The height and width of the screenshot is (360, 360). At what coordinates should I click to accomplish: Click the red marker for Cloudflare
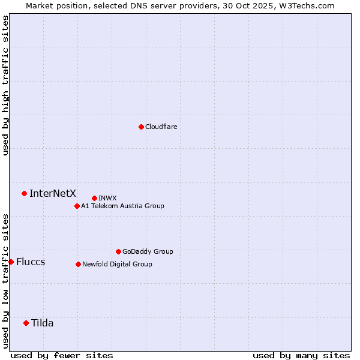coord(141,127)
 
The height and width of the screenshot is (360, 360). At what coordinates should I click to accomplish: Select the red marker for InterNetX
coord(25,193)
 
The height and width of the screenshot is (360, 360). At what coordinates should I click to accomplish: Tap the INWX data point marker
coord(94,198)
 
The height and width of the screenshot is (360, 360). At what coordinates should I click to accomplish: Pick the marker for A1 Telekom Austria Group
coord(77,206)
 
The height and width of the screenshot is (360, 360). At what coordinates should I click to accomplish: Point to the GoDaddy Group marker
coord(118,251)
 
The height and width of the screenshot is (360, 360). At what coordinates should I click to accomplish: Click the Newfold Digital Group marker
coord(78,264)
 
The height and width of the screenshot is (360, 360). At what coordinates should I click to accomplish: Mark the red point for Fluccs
coord(11,262)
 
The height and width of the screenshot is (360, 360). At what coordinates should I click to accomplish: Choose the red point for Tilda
coord(26,323)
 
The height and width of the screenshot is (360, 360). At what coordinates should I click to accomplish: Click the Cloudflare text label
coord(161,127)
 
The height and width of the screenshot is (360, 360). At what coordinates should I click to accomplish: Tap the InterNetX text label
coord(53,193)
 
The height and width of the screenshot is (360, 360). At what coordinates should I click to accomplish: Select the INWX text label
coord(107,198)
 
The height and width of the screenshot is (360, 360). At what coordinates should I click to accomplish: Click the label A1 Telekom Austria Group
coord(122,206)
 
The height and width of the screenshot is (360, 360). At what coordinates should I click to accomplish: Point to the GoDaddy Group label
coord(148,251)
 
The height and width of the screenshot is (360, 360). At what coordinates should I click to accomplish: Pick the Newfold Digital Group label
coord(117,264)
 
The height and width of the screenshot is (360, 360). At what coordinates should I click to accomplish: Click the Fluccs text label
coord(31,262)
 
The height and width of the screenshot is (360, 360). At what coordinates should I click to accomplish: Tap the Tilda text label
coord(43,323)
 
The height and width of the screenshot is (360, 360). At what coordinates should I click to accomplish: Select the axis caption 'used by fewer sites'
coord(62,355)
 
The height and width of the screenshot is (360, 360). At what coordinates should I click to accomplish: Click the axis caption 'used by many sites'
coord(301,355)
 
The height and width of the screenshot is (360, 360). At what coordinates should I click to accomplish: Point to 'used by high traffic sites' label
coord(5,85)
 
